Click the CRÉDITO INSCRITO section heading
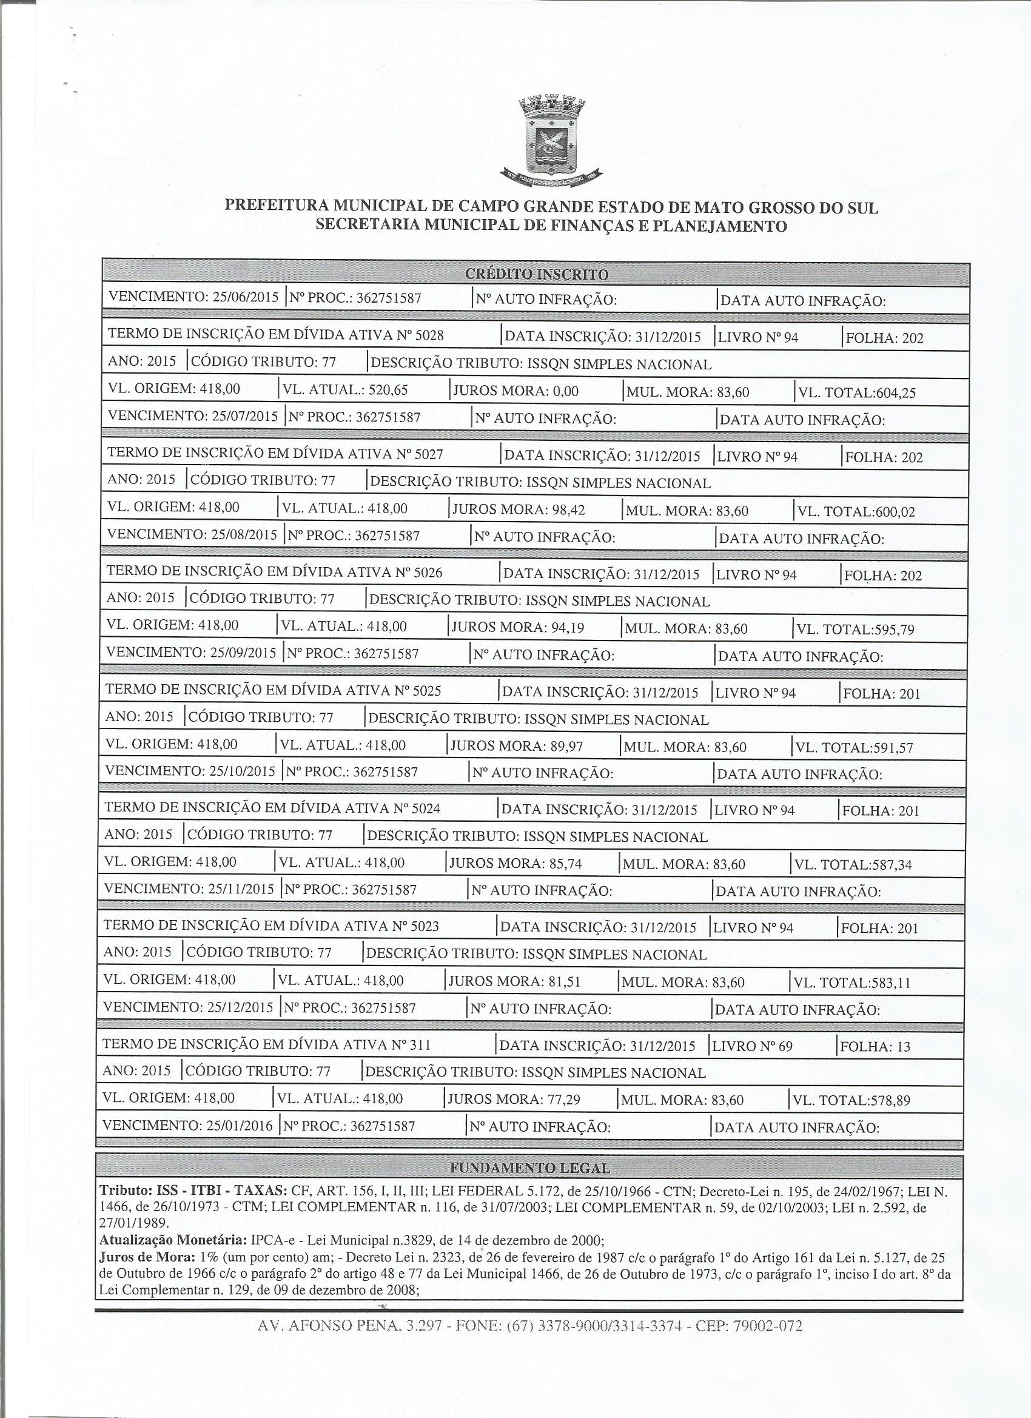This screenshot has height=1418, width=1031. point(537,275)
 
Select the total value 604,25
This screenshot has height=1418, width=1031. point(888,392)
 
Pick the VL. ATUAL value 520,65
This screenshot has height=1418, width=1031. point(388,390)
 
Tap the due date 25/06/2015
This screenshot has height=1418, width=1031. point(245,297)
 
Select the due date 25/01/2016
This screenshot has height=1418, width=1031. point(240,1126)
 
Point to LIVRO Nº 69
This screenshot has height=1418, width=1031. point(752,1046)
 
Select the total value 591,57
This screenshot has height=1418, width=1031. point(886,747)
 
